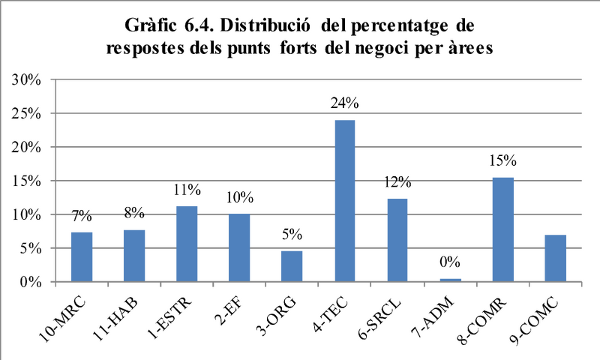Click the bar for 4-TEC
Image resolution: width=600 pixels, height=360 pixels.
point(345,201)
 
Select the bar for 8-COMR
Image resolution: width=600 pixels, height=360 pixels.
point(502,229)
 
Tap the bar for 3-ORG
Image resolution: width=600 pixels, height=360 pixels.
point(292,266)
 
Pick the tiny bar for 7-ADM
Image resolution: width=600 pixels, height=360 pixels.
point(451,280)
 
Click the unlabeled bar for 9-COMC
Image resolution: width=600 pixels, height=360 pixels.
point(555,258)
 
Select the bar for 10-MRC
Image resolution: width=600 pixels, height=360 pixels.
point(82,257)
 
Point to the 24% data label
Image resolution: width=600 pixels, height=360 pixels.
point(345,103)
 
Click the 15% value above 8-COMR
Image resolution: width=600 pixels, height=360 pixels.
point(502,160)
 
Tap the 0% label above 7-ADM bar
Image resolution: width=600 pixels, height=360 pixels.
point(450,262)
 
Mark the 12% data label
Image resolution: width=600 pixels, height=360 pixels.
point(397,182)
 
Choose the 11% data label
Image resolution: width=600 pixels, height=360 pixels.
point(187,189)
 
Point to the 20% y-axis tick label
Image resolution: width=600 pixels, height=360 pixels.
point(26,147)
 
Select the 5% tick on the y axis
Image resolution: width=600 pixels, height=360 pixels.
point(30,248)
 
